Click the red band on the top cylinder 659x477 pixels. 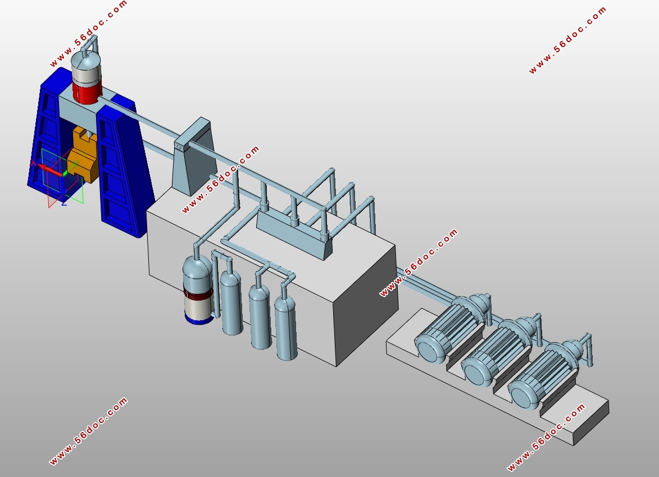(x=87, y=93)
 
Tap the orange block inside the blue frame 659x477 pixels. (x=83, y=156)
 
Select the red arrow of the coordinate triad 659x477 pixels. (x=51, y=169)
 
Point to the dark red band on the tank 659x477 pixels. (x=198, y=294)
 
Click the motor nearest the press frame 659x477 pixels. (x=449, y=332)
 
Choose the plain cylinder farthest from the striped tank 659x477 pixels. (x=286, y=327)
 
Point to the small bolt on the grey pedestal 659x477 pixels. (x=179, y=147)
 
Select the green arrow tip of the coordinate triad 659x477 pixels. (x=65, y=172)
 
